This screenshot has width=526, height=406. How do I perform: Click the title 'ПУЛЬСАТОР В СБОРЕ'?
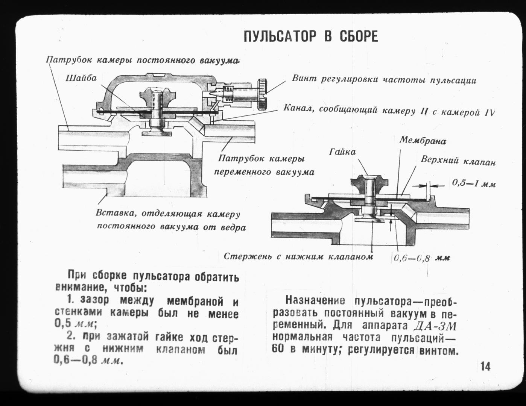[310, 37]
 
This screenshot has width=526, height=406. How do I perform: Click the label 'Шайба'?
[81, 78]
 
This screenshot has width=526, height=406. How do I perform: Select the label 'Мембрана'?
[423, 140]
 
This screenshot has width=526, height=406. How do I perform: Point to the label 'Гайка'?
[342, 152]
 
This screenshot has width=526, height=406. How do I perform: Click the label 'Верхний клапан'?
[458, 161]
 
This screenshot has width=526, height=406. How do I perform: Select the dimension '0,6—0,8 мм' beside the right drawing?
[422, 258]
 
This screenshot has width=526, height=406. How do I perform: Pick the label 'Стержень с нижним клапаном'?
[298, 256]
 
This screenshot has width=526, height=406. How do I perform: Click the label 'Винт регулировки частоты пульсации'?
[384, 79]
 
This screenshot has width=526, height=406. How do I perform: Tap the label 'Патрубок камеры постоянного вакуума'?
[143, 59]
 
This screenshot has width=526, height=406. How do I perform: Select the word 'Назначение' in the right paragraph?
[315, 301]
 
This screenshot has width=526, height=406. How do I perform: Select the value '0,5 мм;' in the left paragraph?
[75, 324]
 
